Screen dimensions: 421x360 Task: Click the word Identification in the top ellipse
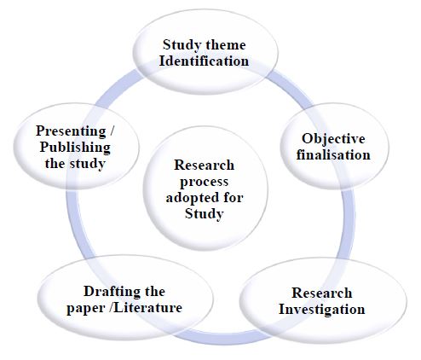pos(204,61)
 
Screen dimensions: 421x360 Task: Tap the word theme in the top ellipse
pos(226,45)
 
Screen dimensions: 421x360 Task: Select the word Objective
pos(333,139)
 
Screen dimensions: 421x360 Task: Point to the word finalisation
pos(333,154)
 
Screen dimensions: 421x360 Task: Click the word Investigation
pos(322,310)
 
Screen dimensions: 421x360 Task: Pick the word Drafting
pos(109,292)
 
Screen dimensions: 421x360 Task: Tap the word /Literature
pos(146,307)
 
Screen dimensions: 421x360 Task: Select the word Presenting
pos(71,131)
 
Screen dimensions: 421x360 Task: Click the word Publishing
pos(75,148)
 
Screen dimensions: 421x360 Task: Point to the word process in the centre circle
pos(205,183)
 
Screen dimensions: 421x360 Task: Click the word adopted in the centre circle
pos(193,197)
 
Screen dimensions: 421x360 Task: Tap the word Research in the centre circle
pos(205,165)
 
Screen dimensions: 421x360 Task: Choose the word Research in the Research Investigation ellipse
pos(322,293)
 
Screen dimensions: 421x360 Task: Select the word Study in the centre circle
pos(205,213)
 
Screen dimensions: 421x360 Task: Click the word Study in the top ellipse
pos(182,45)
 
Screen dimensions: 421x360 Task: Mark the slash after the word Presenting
pos(111,131)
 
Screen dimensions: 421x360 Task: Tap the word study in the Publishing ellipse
pos(88,164)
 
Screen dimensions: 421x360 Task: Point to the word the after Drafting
pos(152,291)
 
